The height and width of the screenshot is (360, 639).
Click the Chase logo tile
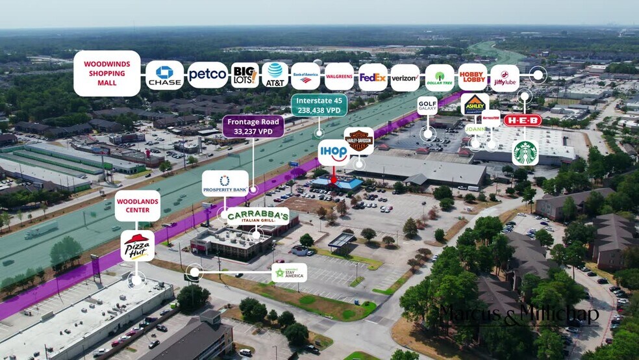(164, 75)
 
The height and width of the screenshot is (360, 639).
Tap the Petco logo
(208, 75)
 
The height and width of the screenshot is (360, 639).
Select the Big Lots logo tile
(245, 75)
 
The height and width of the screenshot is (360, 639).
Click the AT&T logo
(275, 75)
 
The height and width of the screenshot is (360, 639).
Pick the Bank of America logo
(305, 76)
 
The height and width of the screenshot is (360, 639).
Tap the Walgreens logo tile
(339, 77)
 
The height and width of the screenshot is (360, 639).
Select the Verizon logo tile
(405, 77)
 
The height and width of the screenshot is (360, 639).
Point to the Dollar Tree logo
(440, 77)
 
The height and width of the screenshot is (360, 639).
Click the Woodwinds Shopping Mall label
(107, 73)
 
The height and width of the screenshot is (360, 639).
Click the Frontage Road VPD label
(253, 126)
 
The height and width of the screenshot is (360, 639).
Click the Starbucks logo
(525, 153)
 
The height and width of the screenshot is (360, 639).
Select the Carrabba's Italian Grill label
(258, 216)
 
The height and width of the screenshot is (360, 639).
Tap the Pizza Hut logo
(138, 246)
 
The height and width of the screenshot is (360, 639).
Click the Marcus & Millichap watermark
(519, 315)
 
